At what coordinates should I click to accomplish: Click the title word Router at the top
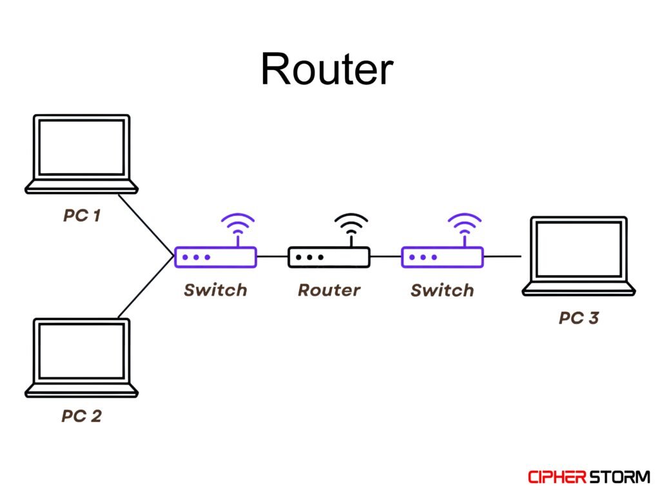tap(327, 69)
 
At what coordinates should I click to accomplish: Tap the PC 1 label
tap(82, 215)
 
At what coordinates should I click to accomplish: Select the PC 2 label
tap(81, 416)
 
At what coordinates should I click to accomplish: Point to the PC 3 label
tap(578, 318)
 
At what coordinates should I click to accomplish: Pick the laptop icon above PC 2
tap(82, 357)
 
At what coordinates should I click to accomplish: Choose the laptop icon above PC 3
tap(578, 256)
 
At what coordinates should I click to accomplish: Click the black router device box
tap(329, 257)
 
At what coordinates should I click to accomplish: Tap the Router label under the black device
tap(329, 290)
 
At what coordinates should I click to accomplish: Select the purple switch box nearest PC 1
tap(215, 257)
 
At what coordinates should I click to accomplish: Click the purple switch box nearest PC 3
tap(442, 257)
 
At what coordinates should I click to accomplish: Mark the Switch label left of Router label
tap(215, 290)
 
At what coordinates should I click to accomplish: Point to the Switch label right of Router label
tap(442, 290)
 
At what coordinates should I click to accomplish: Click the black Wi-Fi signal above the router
tap(351, 226)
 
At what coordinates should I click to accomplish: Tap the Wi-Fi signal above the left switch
tap(238, 226)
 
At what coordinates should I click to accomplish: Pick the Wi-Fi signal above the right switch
tap(465, 226)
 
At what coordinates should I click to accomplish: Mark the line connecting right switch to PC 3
tap(502, 256)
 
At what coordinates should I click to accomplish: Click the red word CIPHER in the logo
tap(556, 477)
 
